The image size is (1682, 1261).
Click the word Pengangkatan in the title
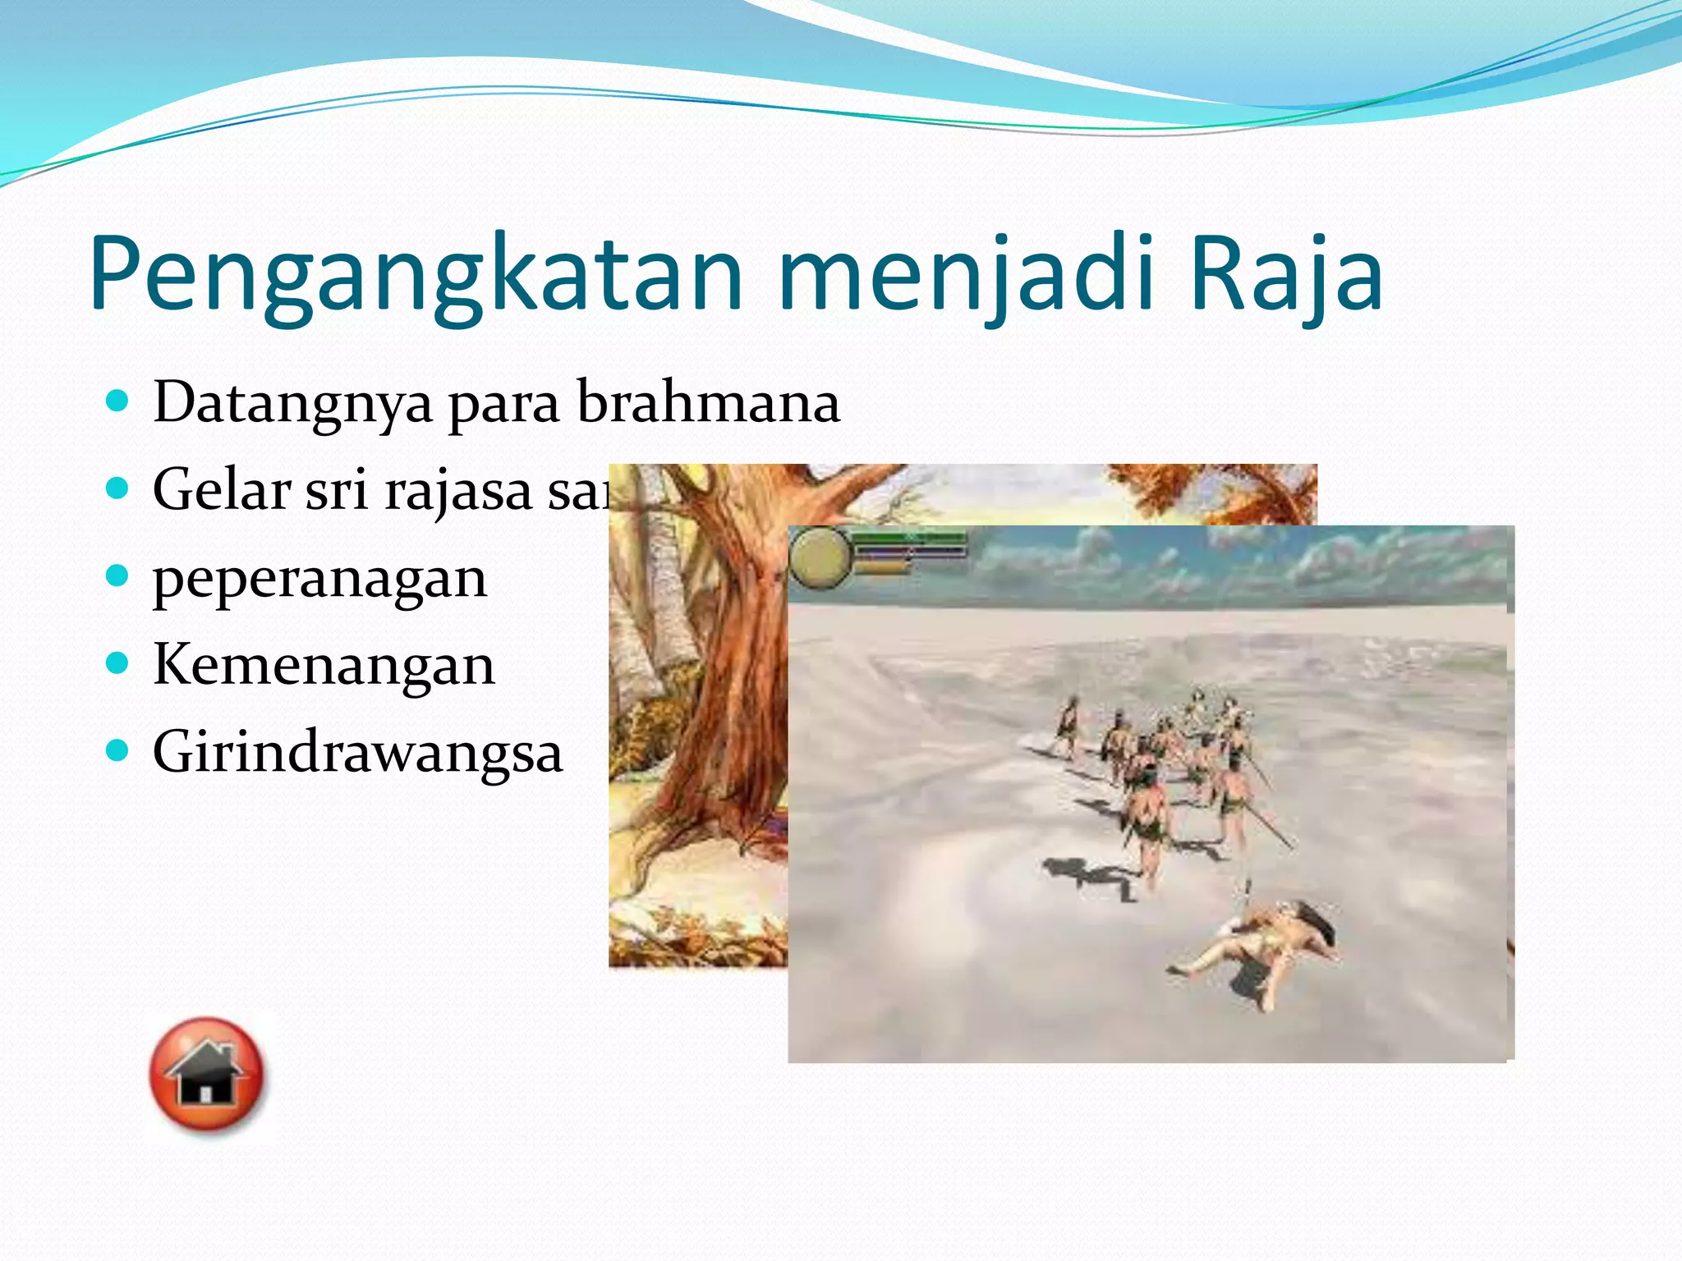[415, 275]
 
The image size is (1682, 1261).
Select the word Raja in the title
[1285, 275]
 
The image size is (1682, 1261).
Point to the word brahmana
[708, 402]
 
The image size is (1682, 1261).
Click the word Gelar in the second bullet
[222, 489]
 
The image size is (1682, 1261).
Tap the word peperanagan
[320, 580]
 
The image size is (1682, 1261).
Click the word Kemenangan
[324, 665]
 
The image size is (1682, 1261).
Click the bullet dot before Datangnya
[118, 401]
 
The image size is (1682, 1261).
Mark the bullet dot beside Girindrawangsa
[118, 750]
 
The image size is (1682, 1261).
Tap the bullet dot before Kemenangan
[118, 663]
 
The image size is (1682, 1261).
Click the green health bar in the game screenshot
[910, 538]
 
